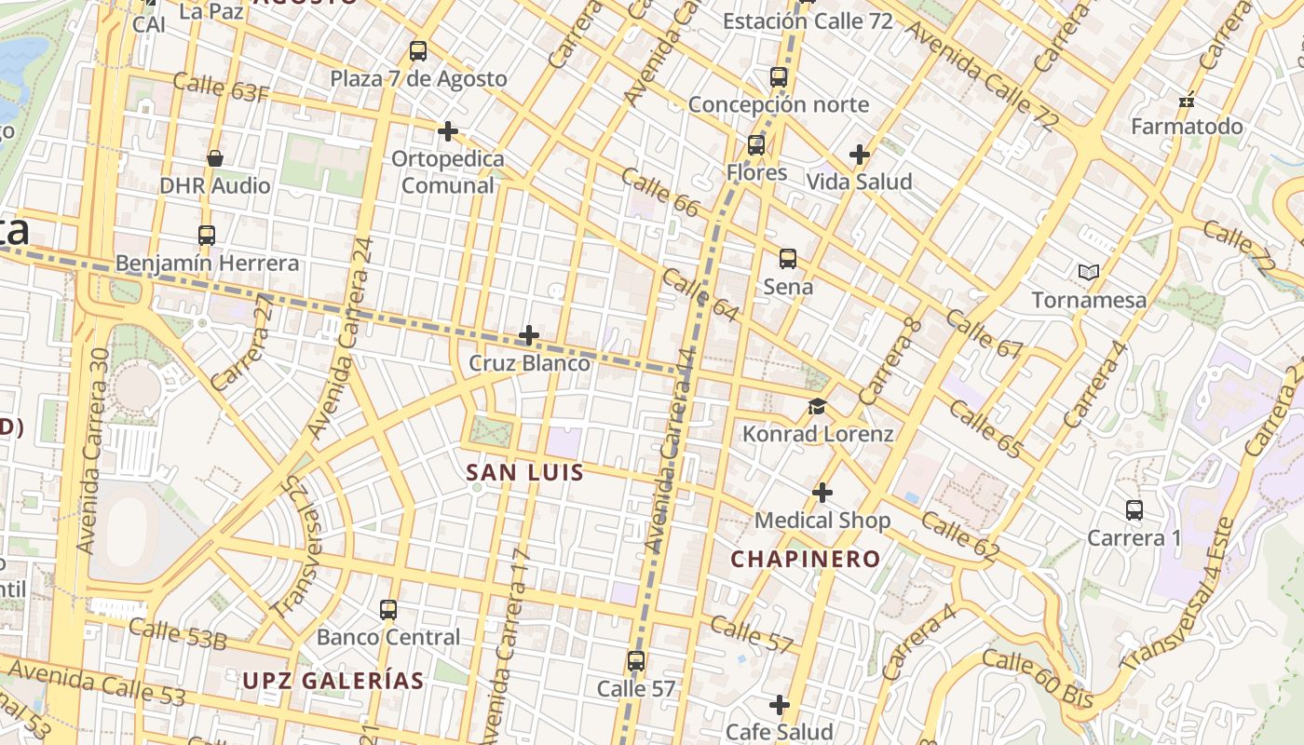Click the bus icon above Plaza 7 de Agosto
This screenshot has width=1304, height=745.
coord(418,51)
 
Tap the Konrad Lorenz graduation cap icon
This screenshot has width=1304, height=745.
coord(817,406)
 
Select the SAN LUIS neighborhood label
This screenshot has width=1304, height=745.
coord(524,472)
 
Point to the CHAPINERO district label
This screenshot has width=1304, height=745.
coord(805,559)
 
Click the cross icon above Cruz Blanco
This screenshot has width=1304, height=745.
coord(529,335)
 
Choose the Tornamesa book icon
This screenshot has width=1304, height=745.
coord(1088,273)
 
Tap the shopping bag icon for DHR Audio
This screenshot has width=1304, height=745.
coord(215,158)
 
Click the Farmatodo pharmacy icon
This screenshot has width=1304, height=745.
coord(1187,100)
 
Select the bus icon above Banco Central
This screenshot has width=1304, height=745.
coord(388,610)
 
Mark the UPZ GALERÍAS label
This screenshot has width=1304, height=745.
coord(333,681)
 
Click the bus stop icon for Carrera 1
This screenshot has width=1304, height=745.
coord(1134,510)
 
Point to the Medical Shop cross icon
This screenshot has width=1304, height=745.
coord(822,492)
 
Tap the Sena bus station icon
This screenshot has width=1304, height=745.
coord(788,259)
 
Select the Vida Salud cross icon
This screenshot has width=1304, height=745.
coord(860,155)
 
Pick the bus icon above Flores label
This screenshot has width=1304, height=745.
coord(756,145)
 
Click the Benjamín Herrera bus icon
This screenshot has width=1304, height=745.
coord(207,236)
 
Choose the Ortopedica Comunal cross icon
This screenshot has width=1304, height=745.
coord(448,131)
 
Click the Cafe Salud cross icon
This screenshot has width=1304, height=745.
coord(780,705)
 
